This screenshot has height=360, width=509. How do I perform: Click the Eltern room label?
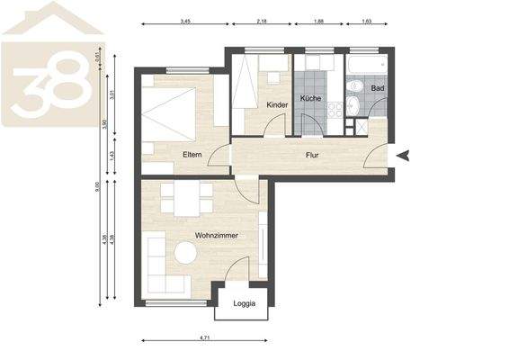pos(192,155)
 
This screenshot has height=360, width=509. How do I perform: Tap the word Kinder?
pos(278,105)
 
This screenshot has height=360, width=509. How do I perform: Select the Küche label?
pos(310,98)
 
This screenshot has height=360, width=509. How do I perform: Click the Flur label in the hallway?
pos(311,155)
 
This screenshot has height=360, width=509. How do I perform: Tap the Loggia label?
pos(244,303)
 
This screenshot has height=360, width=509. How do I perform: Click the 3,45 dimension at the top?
pos(185,20)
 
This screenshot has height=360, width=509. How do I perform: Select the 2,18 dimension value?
pos(262,20)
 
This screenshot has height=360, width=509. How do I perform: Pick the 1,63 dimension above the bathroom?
pos(366,20)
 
